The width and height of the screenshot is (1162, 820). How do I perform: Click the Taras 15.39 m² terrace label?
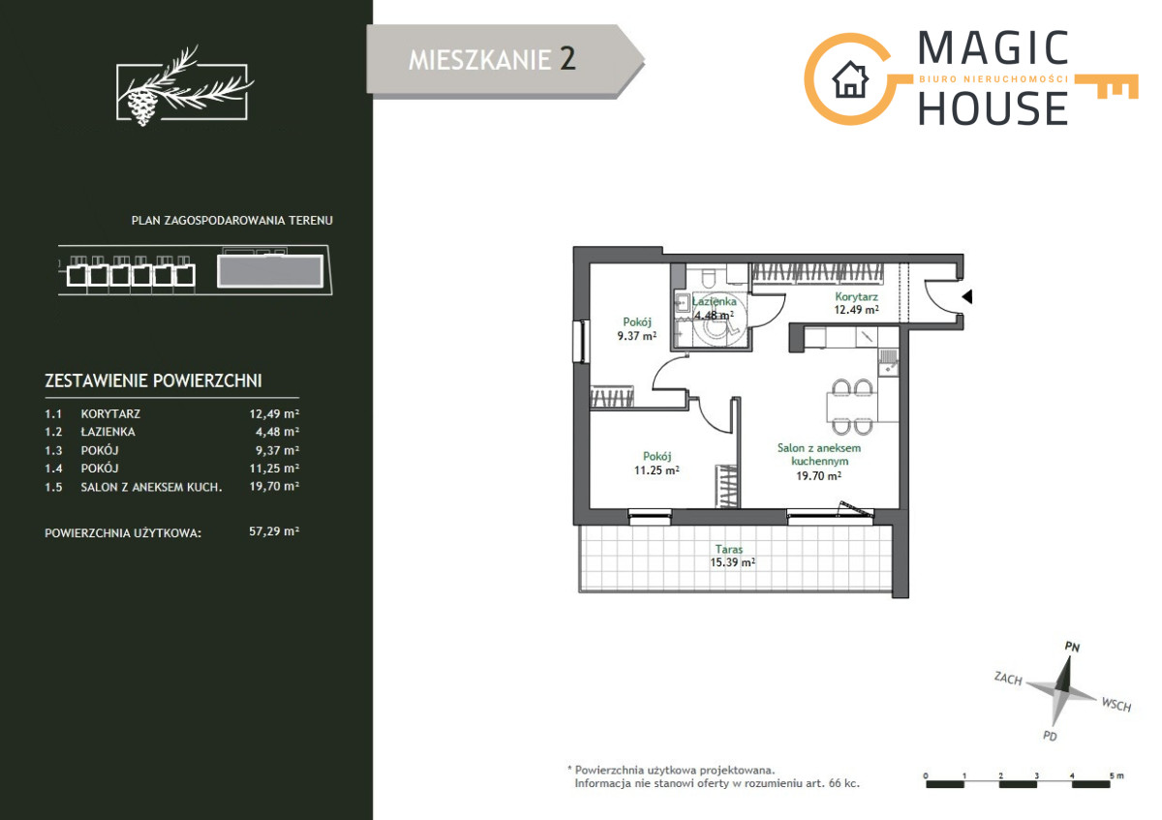pyautogui.click(x=732, y=556)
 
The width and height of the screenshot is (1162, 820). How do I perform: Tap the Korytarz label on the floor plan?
pyautogui.click(x=856, y=296)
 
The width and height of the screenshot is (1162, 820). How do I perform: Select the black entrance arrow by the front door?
pyautogui.click(x=967, y=296)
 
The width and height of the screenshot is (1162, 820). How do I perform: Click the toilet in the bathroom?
pyautogui.click(x=709, y=277)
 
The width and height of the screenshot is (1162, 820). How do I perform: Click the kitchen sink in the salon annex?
pyautogui.click(x=888, y=363)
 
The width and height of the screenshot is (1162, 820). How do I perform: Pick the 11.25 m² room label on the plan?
pyautogui.click(x=657, y=464)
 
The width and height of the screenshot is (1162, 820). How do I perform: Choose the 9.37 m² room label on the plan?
pyautogui.click(x=637, y=329)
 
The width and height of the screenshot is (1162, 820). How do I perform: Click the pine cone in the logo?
pyautogui.click(x=141, y=106)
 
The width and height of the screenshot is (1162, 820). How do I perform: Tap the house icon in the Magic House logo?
pyautogui.click(x=850, y=79)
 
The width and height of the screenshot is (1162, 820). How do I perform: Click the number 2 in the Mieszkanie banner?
pyautogui.click(x=567, y=59)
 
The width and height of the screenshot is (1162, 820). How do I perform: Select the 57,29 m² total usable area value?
pyautogui.click(x=274, y=531)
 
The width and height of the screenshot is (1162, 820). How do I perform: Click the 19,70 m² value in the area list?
pyautogui.click(x=274, y=486)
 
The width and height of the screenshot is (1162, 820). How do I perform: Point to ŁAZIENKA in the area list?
pyautogui.click(x=107, y=432)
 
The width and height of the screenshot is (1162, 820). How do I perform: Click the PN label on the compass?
pyautogui.click(x=1072, y=647)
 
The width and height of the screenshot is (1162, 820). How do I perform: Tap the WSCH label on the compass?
pyautogui.click(x=1116, y=705)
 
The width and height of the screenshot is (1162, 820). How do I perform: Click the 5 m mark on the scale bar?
pyautogui.click(x=1116, y=775)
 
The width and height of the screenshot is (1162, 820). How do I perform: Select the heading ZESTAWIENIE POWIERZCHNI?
pyautogui.click(x=154, y=380)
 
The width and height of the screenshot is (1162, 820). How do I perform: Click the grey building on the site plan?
pyautogui.click(x=270, y=271)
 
